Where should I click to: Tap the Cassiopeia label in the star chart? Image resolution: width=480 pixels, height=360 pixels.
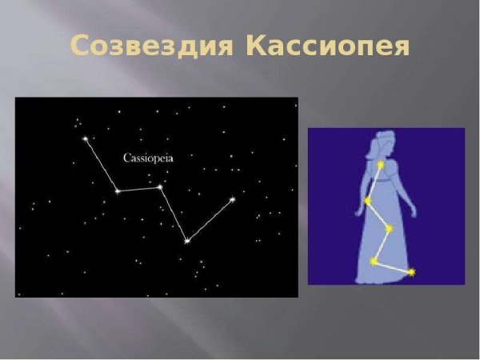coord(148,158)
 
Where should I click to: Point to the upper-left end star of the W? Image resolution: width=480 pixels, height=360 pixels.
coord(85,138)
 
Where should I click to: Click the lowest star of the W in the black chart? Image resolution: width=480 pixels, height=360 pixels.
coord(186,241)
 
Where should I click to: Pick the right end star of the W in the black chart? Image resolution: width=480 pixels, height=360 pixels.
coord(233,199)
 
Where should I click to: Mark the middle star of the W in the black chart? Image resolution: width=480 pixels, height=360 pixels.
coord(160,187)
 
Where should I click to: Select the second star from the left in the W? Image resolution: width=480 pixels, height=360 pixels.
coord(118,191)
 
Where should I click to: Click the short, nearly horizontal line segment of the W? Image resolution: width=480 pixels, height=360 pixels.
coord(138,190)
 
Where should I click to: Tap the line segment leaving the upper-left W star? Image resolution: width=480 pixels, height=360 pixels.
coord(101,165)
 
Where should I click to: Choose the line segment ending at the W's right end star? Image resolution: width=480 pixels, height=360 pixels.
coord(210,220)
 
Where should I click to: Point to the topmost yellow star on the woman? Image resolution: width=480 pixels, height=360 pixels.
coord(382,166)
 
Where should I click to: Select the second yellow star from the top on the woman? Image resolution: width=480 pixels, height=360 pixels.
coord(368,200)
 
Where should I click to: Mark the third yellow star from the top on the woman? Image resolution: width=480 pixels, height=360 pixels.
coord(389,229)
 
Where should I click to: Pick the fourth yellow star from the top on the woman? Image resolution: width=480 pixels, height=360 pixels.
coord(374,261)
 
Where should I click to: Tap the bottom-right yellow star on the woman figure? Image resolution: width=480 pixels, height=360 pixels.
coord(411,273)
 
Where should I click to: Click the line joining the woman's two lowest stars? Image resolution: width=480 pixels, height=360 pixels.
coord(392,267)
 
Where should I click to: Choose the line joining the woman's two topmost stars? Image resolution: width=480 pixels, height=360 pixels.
coord(375,182)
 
